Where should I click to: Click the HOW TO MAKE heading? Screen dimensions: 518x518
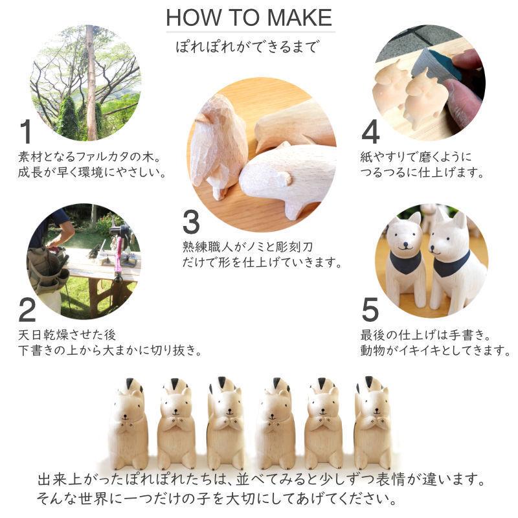(x=249, y=17)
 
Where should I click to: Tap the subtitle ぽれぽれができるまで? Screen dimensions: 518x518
(x=249, y=47)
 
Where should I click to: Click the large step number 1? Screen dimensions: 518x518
(x=25, y=132)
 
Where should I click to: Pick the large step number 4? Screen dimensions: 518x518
(x=370, y=132)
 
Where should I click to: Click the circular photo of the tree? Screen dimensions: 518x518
(x=85, y=83)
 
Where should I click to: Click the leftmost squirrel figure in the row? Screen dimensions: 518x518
(x=128, y=424)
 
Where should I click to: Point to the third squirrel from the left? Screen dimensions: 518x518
(x=226, y=424)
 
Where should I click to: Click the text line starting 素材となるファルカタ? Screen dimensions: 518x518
(x=89, y=158)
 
